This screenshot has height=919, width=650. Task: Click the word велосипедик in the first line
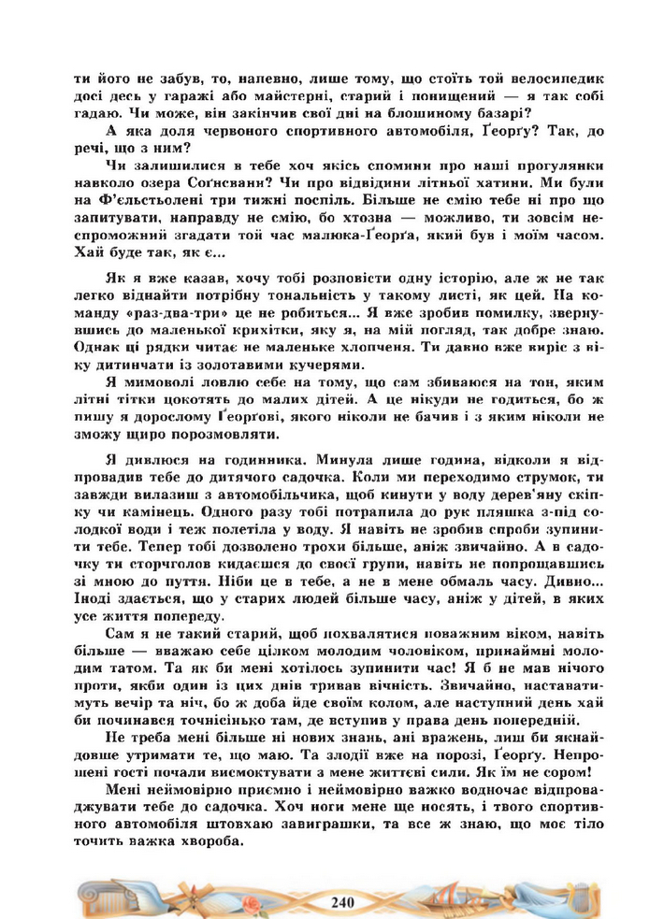click(x=556, y=79)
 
